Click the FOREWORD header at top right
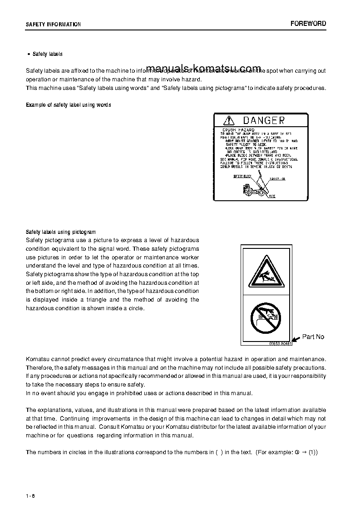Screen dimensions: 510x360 coord(308,24)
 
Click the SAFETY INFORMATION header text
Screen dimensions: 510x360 coord(53,25)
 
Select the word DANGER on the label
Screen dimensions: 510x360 coord(264,120)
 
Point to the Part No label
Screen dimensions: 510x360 coord(313,337)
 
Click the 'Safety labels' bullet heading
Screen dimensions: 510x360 coord(48,54)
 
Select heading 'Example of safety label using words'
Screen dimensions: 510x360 coord(69,105)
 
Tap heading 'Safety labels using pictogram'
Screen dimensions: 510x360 coord(61,232)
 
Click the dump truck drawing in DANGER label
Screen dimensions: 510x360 coord(254,190)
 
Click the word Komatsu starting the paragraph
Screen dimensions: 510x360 coord(39,359)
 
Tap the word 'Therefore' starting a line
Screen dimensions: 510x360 coord(39,368)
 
